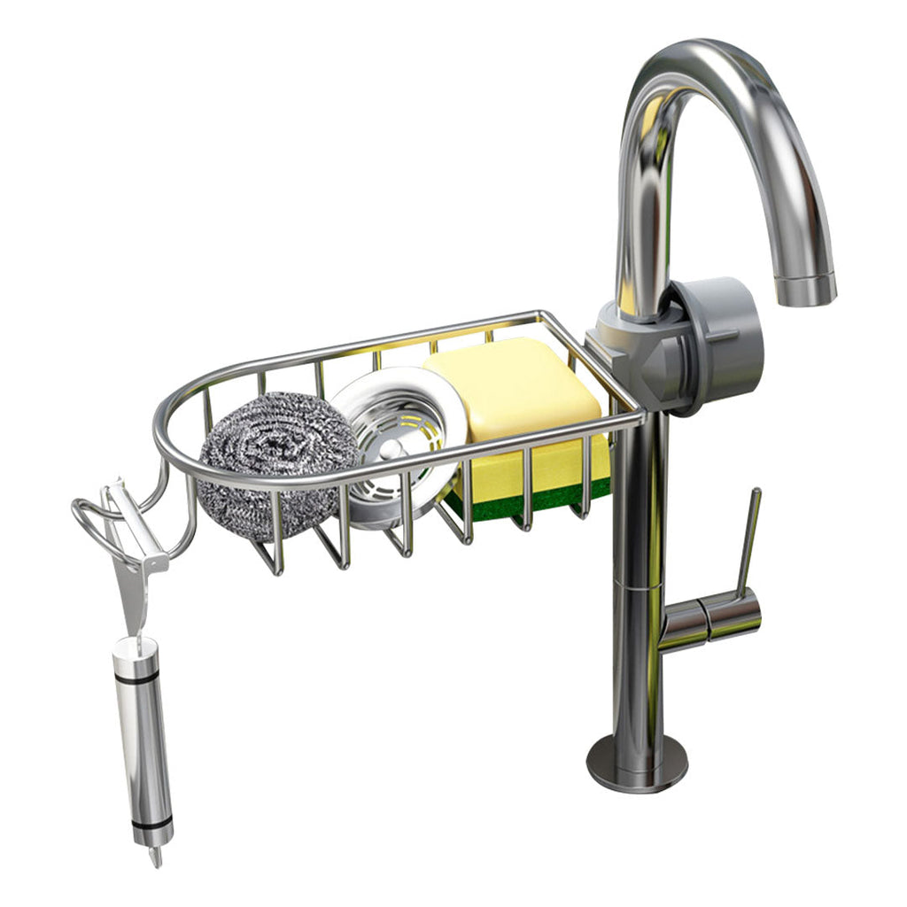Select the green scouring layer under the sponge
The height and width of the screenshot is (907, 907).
[531, 500]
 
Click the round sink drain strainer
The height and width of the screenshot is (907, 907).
[399, 443]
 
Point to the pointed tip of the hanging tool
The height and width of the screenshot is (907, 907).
[157, 857]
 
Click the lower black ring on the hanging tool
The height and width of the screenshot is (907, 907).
[151, 825]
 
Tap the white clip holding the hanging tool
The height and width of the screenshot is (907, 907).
[133, 549]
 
